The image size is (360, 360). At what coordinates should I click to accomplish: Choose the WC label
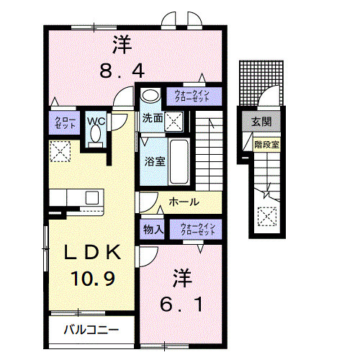(96, 121)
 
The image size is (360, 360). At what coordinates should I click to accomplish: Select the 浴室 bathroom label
(155, 161)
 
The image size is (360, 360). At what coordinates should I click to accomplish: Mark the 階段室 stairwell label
(266, 145)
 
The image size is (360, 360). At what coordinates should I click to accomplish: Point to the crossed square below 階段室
(267, 215)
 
